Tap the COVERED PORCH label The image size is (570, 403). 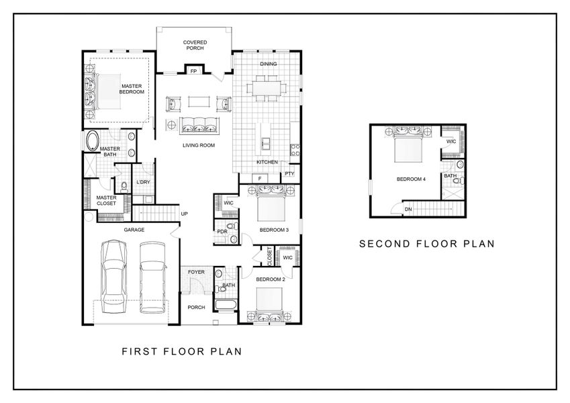(195, 45)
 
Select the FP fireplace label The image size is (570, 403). (193, 71)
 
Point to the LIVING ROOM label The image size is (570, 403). (198, 144)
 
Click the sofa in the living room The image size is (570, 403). (198, 124)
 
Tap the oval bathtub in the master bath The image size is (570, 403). (92, 142)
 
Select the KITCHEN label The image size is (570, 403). (267, 163)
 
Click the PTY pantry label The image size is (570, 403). (289, 173)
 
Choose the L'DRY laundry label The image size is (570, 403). (142, 183)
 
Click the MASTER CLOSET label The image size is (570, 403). (107, 201)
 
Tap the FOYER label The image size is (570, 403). (195, 272)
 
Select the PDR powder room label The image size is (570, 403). (221, 232)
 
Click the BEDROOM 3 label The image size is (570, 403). (274, 230)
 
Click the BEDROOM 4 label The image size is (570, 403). (410, 179)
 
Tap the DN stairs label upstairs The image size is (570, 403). (408, 210)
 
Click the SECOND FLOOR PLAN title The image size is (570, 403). (426, 244)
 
